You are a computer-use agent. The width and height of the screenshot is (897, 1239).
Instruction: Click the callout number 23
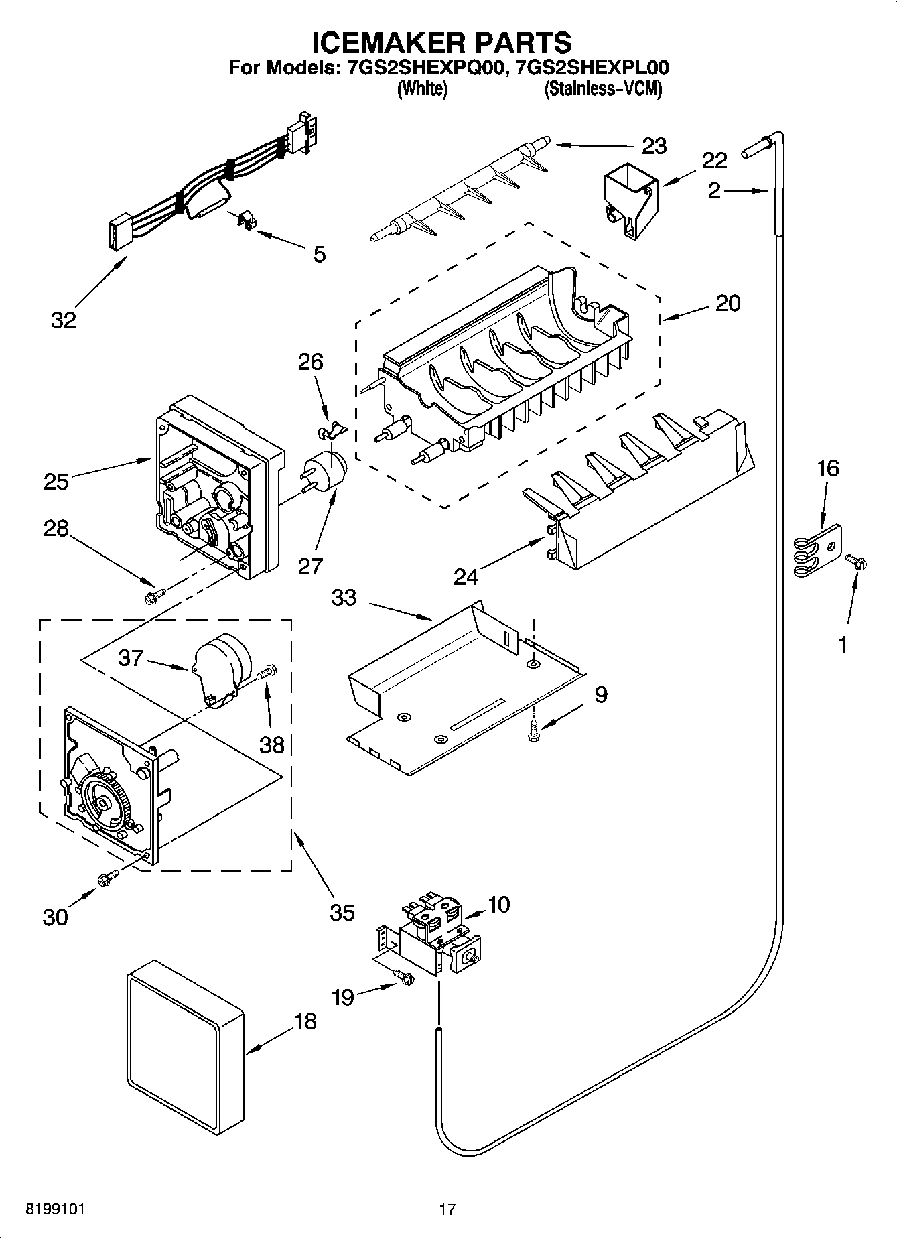click(x=654, y=146)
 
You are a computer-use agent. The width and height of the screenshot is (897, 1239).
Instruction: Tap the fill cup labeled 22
click(x=630, y=198)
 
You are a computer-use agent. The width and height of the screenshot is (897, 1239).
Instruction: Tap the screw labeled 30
click(x=108, y=878)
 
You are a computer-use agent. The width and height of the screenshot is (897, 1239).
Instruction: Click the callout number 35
click(x=342, y=912)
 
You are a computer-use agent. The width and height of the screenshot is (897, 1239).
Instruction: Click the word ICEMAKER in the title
click(x=383, y=42)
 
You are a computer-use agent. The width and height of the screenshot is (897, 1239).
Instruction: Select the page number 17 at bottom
click(x=447, y=1210)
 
